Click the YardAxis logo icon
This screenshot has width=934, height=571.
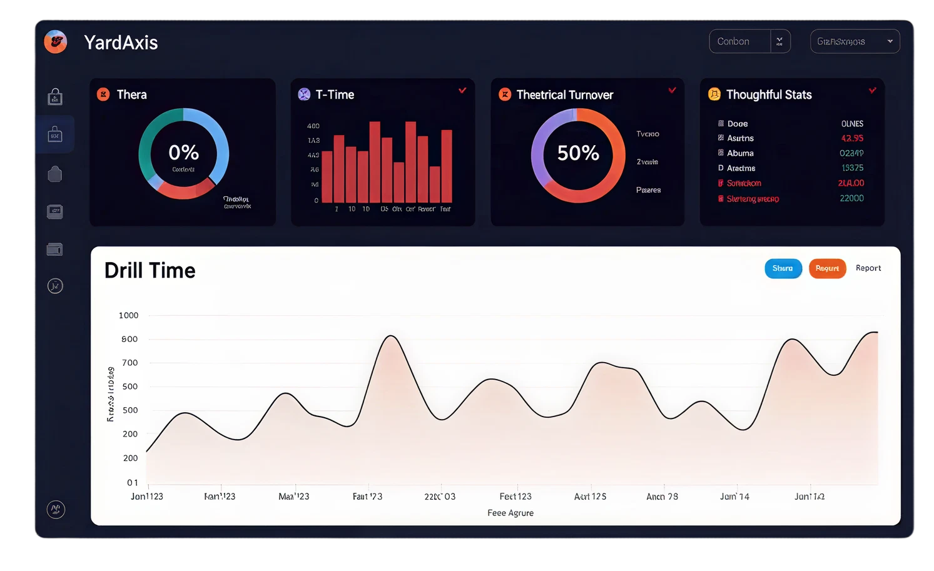click(56, 42)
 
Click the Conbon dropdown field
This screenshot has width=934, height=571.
click(739, 41)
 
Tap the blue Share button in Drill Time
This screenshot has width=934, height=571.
click(783, 268)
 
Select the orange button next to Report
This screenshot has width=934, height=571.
click(827, 268)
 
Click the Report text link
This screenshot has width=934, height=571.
click(868, 268)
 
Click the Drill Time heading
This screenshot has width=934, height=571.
click(150, 270)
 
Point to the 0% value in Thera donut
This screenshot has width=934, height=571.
click(183, 152)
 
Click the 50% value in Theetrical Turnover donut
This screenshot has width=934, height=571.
click(578, 153)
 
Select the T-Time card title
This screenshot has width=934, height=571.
click(335, 94)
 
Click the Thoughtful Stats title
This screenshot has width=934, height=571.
click(769, 94)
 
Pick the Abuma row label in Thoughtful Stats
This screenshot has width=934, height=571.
click(740, 153)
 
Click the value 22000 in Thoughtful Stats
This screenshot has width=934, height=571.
click(851, 198)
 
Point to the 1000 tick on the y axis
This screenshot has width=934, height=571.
click(128, 315)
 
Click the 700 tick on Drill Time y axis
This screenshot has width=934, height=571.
click(129, 363)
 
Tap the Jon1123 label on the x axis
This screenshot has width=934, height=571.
click(147, 497)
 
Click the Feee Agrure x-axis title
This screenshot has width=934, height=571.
click(510, 513)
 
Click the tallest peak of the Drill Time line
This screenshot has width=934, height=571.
click(391, 336)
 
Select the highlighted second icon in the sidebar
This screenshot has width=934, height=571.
click(55, 134)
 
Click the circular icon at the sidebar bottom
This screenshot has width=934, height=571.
click(56, 509)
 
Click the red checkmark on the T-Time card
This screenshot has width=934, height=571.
click(462, 91)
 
